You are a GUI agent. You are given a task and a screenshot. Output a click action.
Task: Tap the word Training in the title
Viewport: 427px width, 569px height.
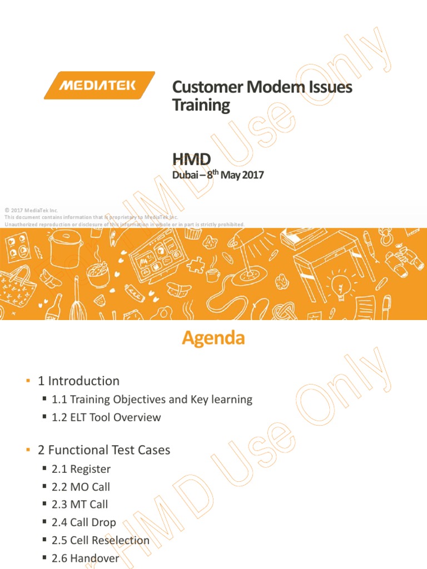click(201, 105)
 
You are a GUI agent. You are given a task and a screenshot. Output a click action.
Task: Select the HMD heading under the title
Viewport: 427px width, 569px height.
click(191, 160)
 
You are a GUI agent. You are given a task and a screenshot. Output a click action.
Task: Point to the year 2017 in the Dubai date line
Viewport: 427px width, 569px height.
click(253, 175)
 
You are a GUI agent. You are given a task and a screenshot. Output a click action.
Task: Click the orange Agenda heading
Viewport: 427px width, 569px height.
click(213, 338)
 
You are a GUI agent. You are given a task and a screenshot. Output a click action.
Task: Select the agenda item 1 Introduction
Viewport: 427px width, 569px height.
click(78, 381)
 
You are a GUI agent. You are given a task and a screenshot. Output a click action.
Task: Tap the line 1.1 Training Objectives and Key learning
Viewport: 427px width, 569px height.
click(152, 400)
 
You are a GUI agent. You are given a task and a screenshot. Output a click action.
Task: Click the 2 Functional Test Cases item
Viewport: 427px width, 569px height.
click(104, 450)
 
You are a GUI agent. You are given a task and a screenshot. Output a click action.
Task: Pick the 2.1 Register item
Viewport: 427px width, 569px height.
click(81, 469)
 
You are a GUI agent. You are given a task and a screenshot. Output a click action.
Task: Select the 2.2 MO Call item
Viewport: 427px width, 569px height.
click(81, 487)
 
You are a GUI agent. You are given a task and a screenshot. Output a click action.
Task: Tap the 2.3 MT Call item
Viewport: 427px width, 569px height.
click(80, 505)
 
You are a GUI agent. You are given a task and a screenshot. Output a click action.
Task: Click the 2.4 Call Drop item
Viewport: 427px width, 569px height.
click(84, 522)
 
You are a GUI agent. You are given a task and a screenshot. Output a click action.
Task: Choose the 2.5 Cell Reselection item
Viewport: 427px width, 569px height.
click(101, 540)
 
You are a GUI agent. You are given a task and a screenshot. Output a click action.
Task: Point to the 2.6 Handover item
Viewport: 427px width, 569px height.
click(85, 558)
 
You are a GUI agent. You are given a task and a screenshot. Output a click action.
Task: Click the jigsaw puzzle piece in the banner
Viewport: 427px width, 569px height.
click(196, 265)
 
